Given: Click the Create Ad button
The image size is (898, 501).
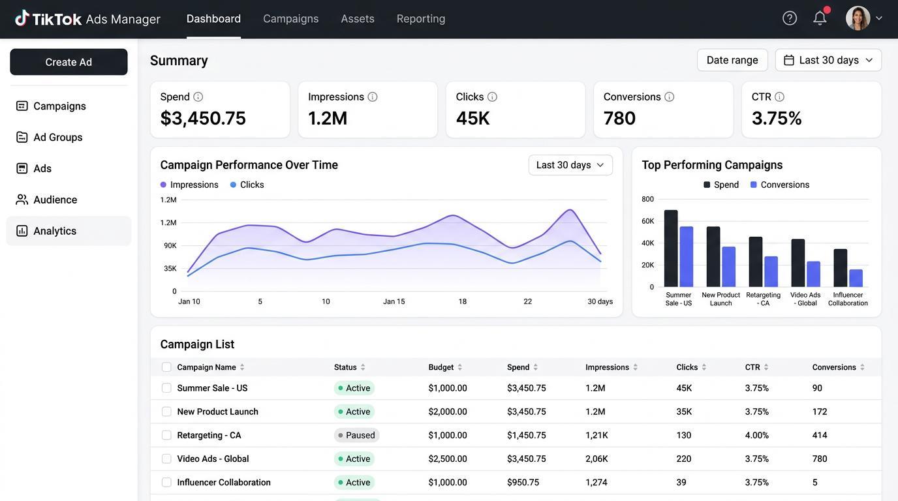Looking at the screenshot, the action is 69,62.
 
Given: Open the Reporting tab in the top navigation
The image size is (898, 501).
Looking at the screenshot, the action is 420,18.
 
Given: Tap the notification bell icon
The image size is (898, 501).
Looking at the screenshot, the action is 820,18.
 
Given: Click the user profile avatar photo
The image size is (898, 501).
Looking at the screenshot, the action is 858,18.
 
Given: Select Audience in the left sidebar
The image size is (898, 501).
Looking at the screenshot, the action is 55,200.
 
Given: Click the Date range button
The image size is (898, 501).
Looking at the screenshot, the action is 732,60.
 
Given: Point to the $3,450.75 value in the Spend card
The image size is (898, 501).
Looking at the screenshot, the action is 203,118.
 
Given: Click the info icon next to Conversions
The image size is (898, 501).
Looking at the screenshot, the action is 669,97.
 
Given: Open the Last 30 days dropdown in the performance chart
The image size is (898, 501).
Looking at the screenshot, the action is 570,165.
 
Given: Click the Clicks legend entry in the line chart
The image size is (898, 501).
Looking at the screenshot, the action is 247,185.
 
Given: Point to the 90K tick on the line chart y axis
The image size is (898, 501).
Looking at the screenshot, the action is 170,245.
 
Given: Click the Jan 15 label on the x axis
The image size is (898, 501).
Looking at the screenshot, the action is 394,301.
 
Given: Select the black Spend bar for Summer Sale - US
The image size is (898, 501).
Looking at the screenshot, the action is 671,248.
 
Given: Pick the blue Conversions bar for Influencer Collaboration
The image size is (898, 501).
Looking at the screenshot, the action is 856,278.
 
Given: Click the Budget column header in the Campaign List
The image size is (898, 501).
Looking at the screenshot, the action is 441,367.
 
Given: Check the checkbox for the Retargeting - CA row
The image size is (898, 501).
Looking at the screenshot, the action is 166,435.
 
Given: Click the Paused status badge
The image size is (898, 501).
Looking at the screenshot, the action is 356,435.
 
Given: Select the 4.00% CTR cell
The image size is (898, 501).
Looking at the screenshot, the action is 756,435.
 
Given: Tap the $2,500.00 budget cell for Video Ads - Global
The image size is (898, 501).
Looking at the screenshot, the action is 448,459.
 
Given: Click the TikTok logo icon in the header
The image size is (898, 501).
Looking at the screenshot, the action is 22,18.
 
